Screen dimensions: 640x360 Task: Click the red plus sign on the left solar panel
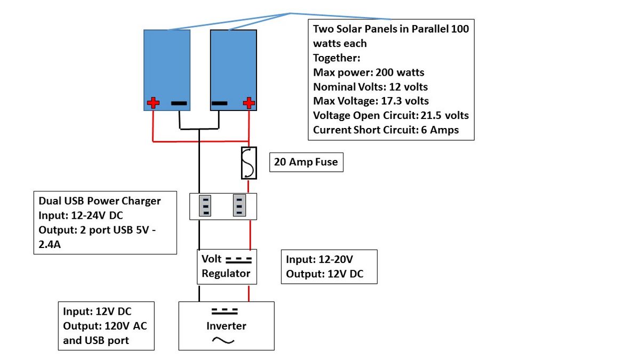tap(153, 103)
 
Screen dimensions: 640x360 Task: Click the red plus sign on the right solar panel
tap(249, 103)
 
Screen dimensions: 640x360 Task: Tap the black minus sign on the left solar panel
tap(179, 103)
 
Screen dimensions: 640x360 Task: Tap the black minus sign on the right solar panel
tap(219, 103)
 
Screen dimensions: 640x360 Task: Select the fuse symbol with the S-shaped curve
tap(249, 163)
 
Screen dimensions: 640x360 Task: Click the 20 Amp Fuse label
tap(306, 162)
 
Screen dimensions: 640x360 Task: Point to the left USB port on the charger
tap(205, 206)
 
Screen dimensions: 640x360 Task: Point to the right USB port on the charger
tap(239, 205)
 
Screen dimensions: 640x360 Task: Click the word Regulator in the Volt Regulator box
tap(226, 274)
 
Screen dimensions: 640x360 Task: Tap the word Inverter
tap(226, 326)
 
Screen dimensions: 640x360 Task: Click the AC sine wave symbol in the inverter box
tap(223, 340)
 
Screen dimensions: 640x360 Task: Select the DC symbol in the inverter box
tap(225, 311)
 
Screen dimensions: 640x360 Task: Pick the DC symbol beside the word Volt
tap(238, 260)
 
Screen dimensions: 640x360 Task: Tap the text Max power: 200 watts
tap(369, 73)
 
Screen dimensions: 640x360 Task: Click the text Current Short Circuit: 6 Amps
tap(386, 130)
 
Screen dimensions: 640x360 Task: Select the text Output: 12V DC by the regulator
tap(325, 274)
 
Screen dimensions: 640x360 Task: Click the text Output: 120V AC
tap(105, 326)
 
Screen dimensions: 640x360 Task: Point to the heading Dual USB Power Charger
tap(99, 201)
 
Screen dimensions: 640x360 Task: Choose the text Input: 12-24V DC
tap(81, 215)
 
